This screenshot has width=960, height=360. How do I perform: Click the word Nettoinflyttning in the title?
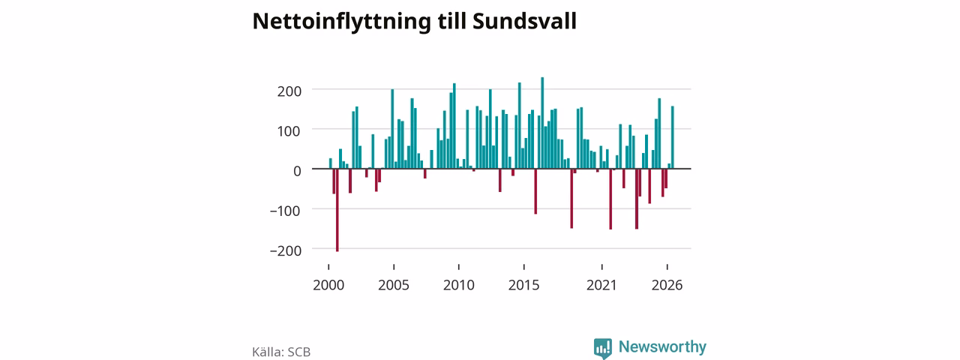[x=341, y=22]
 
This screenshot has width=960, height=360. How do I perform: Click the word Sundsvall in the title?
[x=524, y=21]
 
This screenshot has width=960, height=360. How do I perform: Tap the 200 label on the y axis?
[x=289, y=91]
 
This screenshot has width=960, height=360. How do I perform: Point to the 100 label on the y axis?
[x=289, y=131]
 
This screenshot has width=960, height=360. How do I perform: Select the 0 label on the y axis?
[x=298, y=171]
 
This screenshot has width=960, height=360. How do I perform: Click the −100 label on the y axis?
[x=286, y=211]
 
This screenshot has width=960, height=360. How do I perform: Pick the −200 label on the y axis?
[x=286, y=250]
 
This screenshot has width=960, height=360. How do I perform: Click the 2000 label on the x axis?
[x=328, y=286]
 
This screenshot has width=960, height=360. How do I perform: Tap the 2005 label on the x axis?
[x=394, y=286]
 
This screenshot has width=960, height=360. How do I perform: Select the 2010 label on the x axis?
[x=459, y=286]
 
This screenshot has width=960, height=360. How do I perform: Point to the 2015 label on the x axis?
[x=524, y=286]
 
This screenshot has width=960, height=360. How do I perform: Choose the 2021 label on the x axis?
[x=601, y=286]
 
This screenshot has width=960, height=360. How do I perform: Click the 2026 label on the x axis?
[x=667, y=286]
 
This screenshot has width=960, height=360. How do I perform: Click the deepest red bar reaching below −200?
[x=337, y=210]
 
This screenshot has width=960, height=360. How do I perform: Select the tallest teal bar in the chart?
[x=542, y=123]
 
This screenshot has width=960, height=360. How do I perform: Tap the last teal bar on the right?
[x=673, y=137]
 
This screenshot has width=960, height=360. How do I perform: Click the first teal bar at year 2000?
[x=331, y=163]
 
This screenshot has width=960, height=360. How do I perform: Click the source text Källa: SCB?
[x=281, y=352]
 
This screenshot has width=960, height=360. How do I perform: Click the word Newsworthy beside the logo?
[x=662, y=346]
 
